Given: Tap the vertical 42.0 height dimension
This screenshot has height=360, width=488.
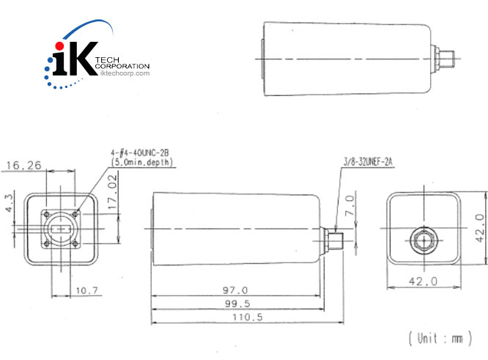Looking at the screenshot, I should (478, 228).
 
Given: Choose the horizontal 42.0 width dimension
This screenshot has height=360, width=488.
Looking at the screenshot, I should (422, 281).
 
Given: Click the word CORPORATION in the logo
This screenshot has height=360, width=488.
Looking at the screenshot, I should (122, 66).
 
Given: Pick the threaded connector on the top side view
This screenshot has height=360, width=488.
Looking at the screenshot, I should (443, 55).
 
